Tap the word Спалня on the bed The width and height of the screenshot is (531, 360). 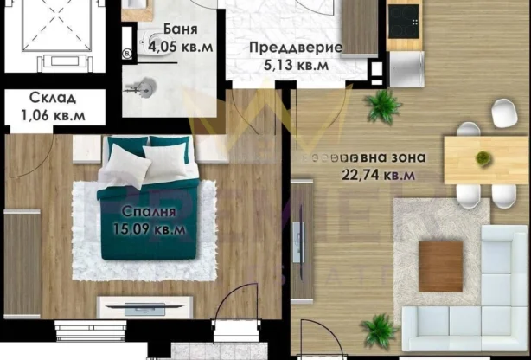point(144,212)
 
